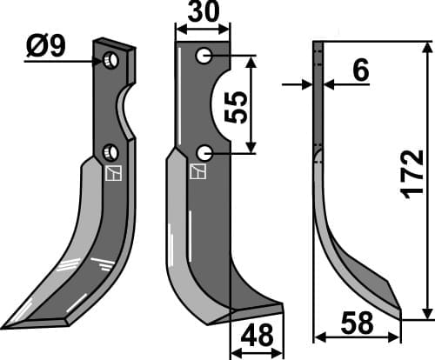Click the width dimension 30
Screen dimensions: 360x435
click(203, 15)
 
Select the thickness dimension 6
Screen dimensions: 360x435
click(359, 73)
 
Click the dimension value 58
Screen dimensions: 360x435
click(357, 323)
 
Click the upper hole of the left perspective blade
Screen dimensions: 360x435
click(110, 61)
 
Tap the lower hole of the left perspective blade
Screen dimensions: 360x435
click(110, 152)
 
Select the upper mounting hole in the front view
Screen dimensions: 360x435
click(204, 57)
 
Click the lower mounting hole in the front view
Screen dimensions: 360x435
click(204, 153)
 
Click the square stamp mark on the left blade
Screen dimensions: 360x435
click(110, 174)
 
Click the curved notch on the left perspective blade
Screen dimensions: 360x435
click(127, 109)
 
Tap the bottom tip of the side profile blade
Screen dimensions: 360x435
click(399, 314)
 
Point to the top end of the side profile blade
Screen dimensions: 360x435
click(318, 43)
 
